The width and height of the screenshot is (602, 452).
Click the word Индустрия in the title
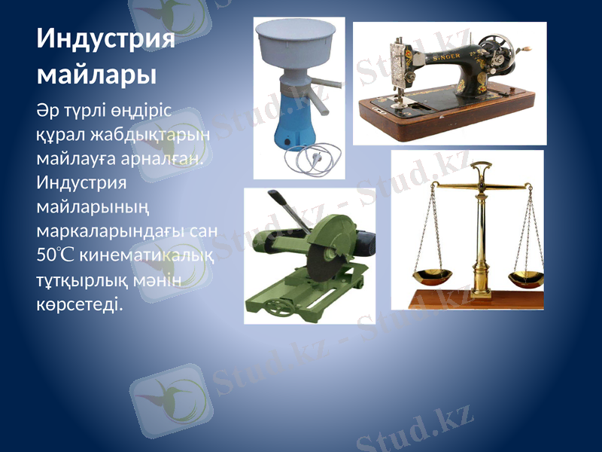pos(106,39)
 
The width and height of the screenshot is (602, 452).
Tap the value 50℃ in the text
pos(56,255)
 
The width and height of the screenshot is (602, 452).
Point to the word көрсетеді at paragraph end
pos(79,306)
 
